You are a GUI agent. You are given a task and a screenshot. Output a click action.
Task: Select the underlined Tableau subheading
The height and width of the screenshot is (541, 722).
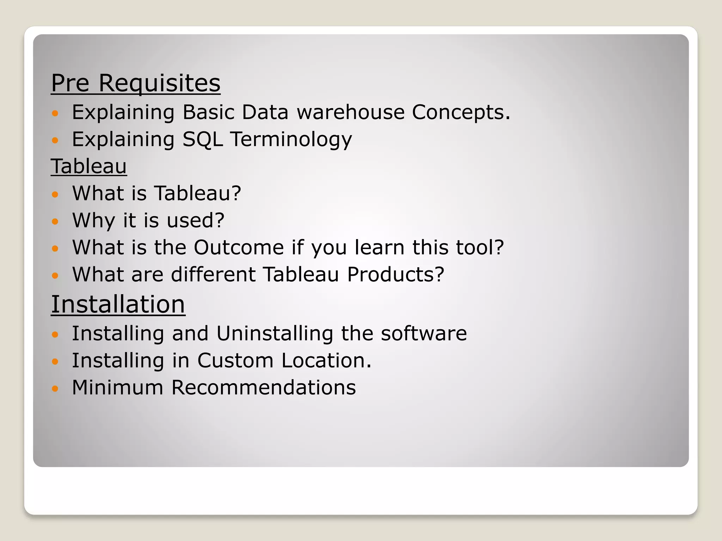point(88,166)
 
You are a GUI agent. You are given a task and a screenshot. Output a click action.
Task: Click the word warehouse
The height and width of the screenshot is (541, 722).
point(350,112)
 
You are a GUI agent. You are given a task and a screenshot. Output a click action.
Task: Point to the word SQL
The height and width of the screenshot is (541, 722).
point(202,139)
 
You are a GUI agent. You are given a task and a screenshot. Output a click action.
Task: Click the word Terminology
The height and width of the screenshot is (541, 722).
point(291,140)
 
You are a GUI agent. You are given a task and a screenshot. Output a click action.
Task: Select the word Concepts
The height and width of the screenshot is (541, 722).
point(461,112)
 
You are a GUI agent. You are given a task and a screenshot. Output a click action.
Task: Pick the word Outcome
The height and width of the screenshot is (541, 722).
point(239,247)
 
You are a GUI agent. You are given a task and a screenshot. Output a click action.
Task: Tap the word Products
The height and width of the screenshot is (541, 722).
point(396,274)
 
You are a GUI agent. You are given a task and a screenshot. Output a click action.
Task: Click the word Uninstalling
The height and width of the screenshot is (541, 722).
point(275,334)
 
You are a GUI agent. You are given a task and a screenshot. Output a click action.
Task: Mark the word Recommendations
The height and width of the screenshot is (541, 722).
point(263,387)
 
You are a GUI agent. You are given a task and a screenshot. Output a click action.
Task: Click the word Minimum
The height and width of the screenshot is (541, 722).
point(117,387)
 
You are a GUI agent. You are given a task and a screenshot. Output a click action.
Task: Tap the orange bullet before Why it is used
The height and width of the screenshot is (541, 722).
point(55,222)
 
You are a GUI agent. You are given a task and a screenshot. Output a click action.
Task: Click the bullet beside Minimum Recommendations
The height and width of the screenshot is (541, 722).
point(55,389)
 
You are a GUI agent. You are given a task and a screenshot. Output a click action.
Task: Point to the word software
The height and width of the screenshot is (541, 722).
point(424,334)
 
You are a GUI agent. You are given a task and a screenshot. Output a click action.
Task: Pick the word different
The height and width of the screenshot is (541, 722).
point(213,274)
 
